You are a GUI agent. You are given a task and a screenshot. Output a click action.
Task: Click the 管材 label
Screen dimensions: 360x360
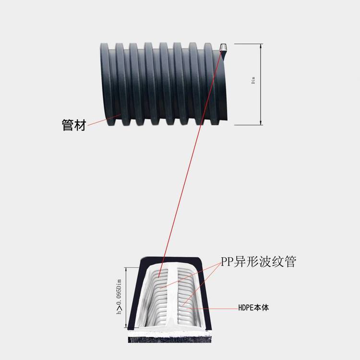[x=74, y=125]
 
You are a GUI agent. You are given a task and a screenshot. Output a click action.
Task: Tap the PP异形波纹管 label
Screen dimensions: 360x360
[x=259, y=262]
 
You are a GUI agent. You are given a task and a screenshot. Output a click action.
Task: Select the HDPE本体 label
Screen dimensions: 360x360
[x=253, y=308]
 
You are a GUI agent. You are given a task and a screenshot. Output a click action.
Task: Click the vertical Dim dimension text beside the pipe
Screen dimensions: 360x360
[x=253, y=80]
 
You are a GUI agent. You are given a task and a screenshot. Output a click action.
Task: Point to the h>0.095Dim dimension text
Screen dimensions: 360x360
[x=119, y=297]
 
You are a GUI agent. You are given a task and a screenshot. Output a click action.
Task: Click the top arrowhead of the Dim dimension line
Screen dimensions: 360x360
[x=261, y=46]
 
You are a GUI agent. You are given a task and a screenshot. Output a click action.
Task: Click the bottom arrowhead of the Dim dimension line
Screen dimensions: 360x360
[x=261, y=123]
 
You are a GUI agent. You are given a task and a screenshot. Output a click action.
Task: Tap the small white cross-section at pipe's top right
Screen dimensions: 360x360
[x=223, y=48]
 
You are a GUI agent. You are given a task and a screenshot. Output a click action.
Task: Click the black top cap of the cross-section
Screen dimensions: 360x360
[x=171, y=260]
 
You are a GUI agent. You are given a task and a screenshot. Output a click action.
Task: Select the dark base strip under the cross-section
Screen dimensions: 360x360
[x=169, y=339]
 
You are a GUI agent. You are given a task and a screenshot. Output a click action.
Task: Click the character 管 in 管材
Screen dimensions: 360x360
[x=68, y=125]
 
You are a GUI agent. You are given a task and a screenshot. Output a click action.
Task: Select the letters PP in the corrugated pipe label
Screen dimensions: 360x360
[x=227, y=262]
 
